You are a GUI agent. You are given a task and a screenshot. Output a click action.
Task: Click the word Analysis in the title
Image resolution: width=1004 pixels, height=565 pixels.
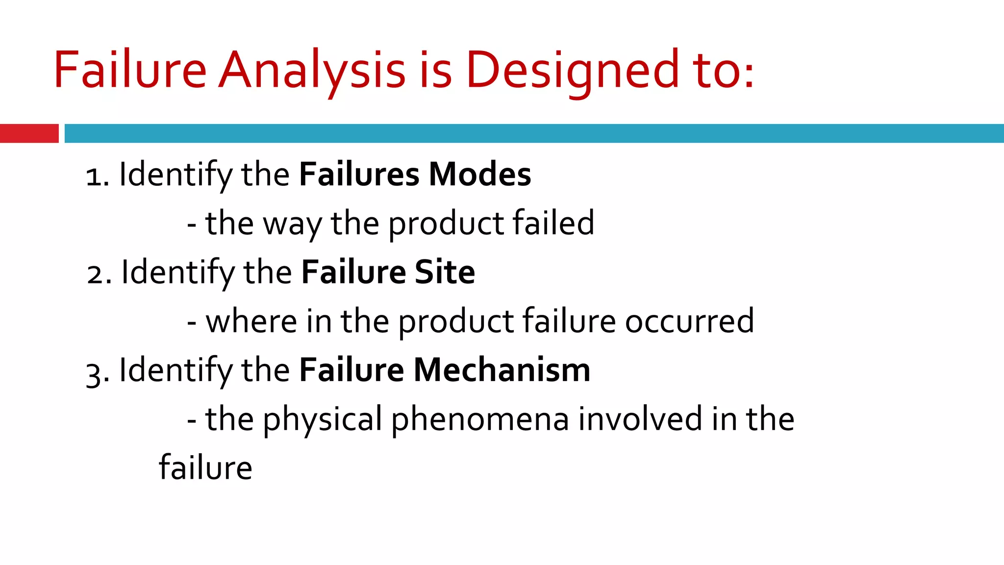pos(312,70)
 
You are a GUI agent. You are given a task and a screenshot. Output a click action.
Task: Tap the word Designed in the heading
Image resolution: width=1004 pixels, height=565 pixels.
pos(572,70)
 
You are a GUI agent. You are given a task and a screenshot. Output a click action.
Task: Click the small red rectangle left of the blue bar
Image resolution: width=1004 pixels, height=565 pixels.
pos(29,133)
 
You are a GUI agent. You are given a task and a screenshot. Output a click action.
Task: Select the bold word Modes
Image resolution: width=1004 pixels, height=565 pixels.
pos(479,175)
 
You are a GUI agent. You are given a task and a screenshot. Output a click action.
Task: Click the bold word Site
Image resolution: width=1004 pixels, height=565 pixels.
pos(445,272)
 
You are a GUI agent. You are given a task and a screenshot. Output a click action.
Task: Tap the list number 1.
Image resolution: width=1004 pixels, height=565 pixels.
pos(95,177)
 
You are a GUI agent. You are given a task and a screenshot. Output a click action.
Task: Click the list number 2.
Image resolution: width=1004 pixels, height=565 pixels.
pos(97,275)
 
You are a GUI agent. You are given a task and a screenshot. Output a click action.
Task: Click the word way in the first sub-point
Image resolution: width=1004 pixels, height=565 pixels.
pos(292,225)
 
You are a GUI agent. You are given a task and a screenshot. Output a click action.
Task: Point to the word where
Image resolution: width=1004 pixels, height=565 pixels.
pos(251,322)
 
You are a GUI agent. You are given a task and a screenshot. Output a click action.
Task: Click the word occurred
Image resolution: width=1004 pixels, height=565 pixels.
pos(689,322)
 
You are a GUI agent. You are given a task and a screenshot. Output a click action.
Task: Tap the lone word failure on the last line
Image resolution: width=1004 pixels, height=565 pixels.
pos(205,467)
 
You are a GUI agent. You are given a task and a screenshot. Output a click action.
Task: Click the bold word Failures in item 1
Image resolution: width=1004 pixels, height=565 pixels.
pos(359,175)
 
